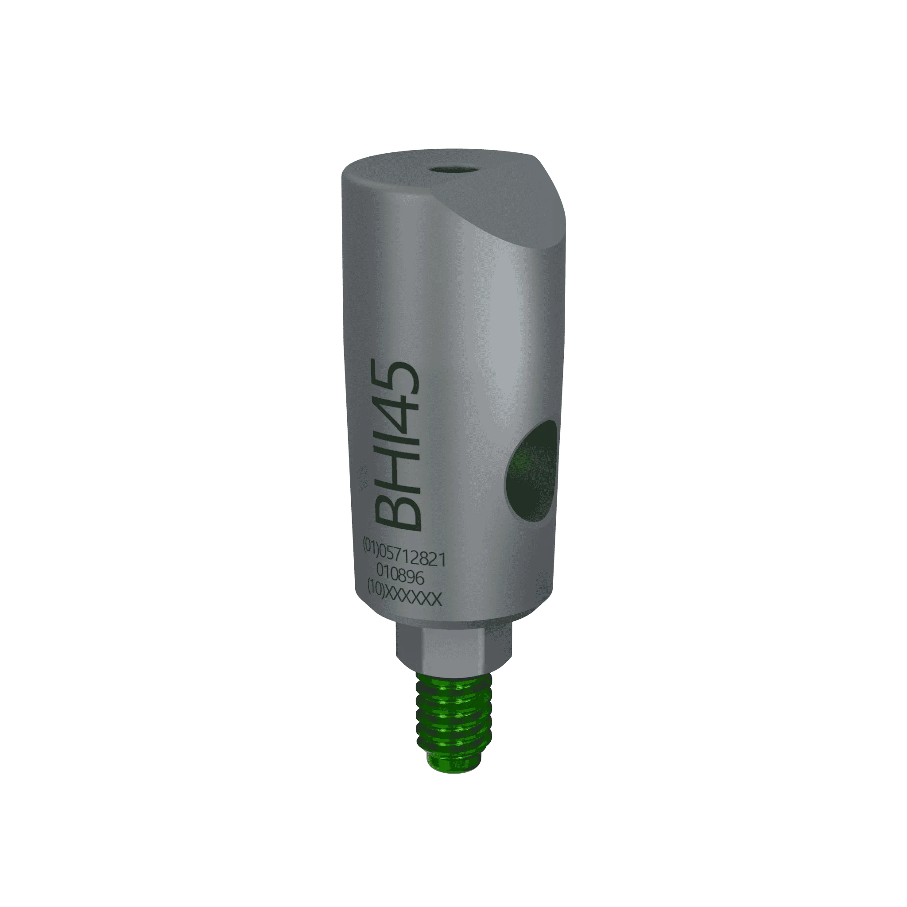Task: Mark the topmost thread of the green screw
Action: tap(453, 681)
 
